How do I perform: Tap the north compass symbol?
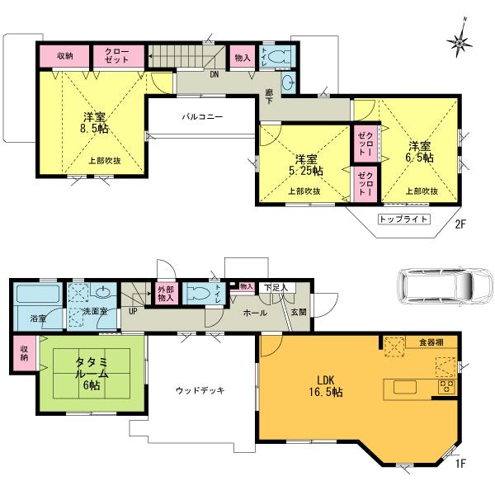[460, 39]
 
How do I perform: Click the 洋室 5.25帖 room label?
[305, 164]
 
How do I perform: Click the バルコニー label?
[202, 117]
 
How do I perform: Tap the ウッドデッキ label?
[200, 390]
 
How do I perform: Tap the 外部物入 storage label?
[165, 293]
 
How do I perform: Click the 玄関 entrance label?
[298, 313]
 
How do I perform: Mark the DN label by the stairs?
[214, 74]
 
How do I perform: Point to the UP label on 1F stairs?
[133, 312]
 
